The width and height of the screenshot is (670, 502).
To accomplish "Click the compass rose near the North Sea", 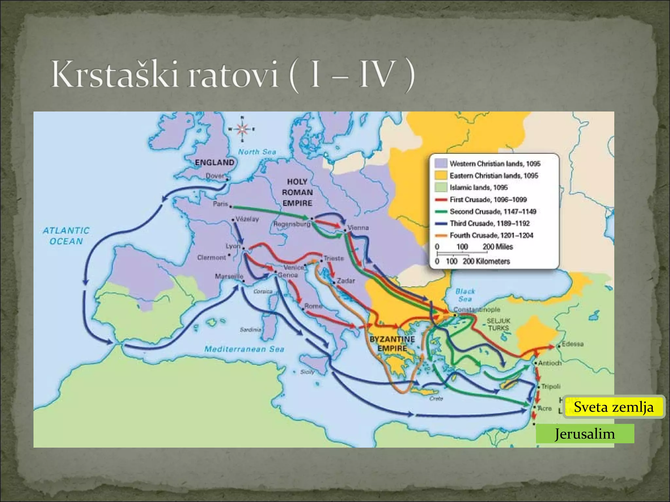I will coord(242,129).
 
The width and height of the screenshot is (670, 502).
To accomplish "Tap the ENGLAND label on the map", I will coord(215,162).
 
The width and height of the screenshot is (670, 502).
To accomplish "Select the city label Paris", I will coord(220,204).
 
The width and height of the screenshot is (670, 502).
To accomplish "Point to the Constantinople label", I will coord(477,309).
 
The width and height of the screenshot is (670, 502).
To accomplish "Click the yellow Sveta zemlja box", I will coord(614,407).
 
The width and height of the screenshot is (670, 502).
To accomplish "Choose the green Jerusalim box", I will coord(585,434).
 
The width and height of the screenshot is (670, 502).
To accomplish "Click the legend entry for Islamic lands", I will coord(478,188).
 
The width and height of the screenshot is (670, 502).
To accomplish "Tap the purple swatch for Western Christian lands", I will coord(441,163).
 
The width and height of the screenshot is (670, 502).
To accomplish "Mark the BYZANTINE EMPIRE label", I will coord(392,343).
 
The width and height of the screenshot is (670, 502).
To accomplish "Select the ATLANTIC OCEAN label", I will coord(66,236).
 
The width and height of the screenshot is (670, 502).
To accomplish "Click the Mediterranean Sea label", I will coord(244,349).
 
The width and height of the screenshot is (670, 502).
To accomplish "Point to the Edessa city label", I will coord(573,344).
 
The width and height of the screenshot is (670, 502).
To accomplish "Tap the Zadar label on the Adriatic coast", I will coord(346,281).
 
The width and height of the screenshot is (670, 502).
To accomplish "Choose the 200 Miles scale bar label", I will coord(498,247).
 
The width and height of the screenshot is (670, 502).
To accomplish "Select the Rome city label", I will coord(313,306).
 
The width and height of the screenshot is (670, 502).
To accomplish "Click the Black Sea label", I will coord(465,295).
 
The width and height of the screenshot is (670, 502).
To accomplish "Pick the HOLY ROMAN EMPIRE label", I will coord(297,192).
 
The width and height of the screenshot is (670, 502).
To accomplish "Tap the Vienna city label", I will coord(358,227).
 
